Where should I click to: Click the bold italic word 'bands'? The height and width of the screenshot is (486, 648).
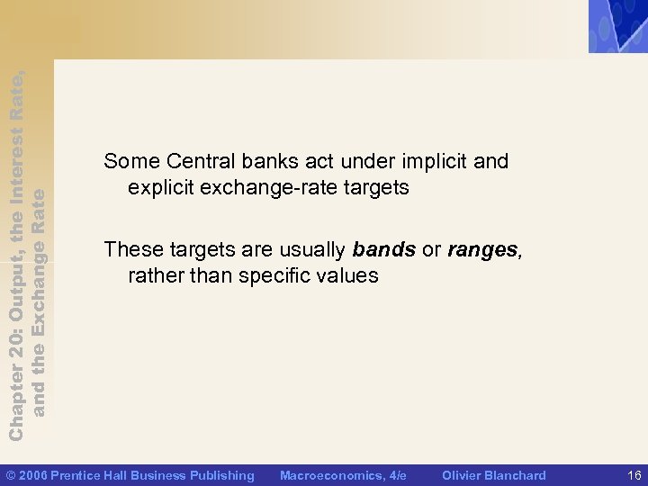(384, 248)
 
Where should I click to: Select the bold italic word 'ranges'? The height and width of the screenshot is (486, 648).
(483, 248)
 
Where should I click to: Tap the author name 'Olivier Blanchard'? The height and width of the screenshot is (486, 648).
(494, 475)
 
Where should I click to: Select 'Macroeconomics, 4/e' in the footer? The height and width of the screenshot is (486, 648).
(343, 475)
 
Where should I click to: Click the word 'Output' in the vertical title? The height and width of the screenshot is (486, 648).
(16, 310)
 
